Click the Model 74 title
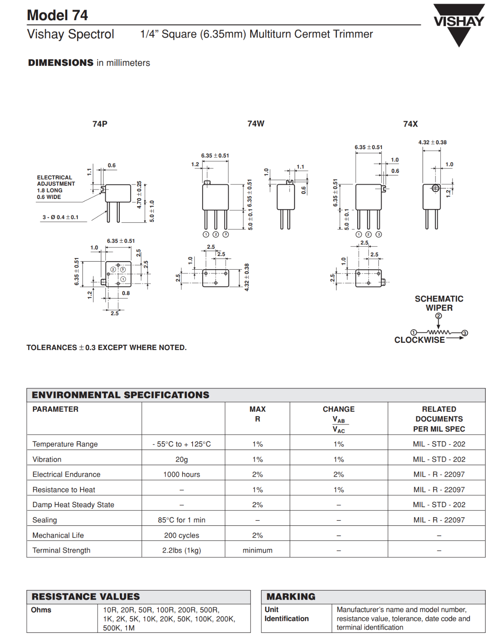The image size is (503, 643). coord(57,15)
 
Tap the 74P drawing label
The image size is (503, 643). coord(100,124)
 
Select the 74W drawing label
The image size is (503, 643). coord(256,123)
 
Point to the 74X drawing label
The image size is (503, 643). coord(410,124)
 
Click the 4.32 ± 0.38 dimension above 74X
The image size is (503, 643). coord(432,142)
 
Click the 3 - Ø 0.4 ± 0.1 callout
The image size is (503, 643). coord(60,217)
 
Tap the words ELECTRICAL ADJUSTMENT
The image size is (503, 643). coord(55,180)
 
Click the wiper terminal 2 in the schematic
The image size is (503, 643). coord(438,316)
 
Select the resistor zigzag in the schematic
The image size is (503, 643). coord(439,332)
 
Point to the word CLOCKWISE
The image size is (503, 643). coord(419,340)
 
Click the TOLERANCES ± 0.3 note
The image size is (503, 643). coord(107,348)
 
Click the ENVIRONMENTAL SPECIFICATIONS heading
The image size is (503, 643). coord(120,395)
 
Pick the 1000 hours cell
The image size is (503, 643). coord(181,475)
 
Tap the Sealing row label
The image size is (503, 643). coord(45,520)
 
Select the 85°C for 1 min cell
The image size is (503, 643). coord(181,520)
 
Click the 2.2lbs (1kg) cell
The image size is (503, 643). coord(181,551)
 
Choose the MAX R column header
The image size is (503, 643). coord(257,414)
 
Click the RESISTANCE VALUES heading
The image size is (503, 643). coord(86,597)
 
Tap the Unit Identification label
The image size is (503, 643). coord(286,614)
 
